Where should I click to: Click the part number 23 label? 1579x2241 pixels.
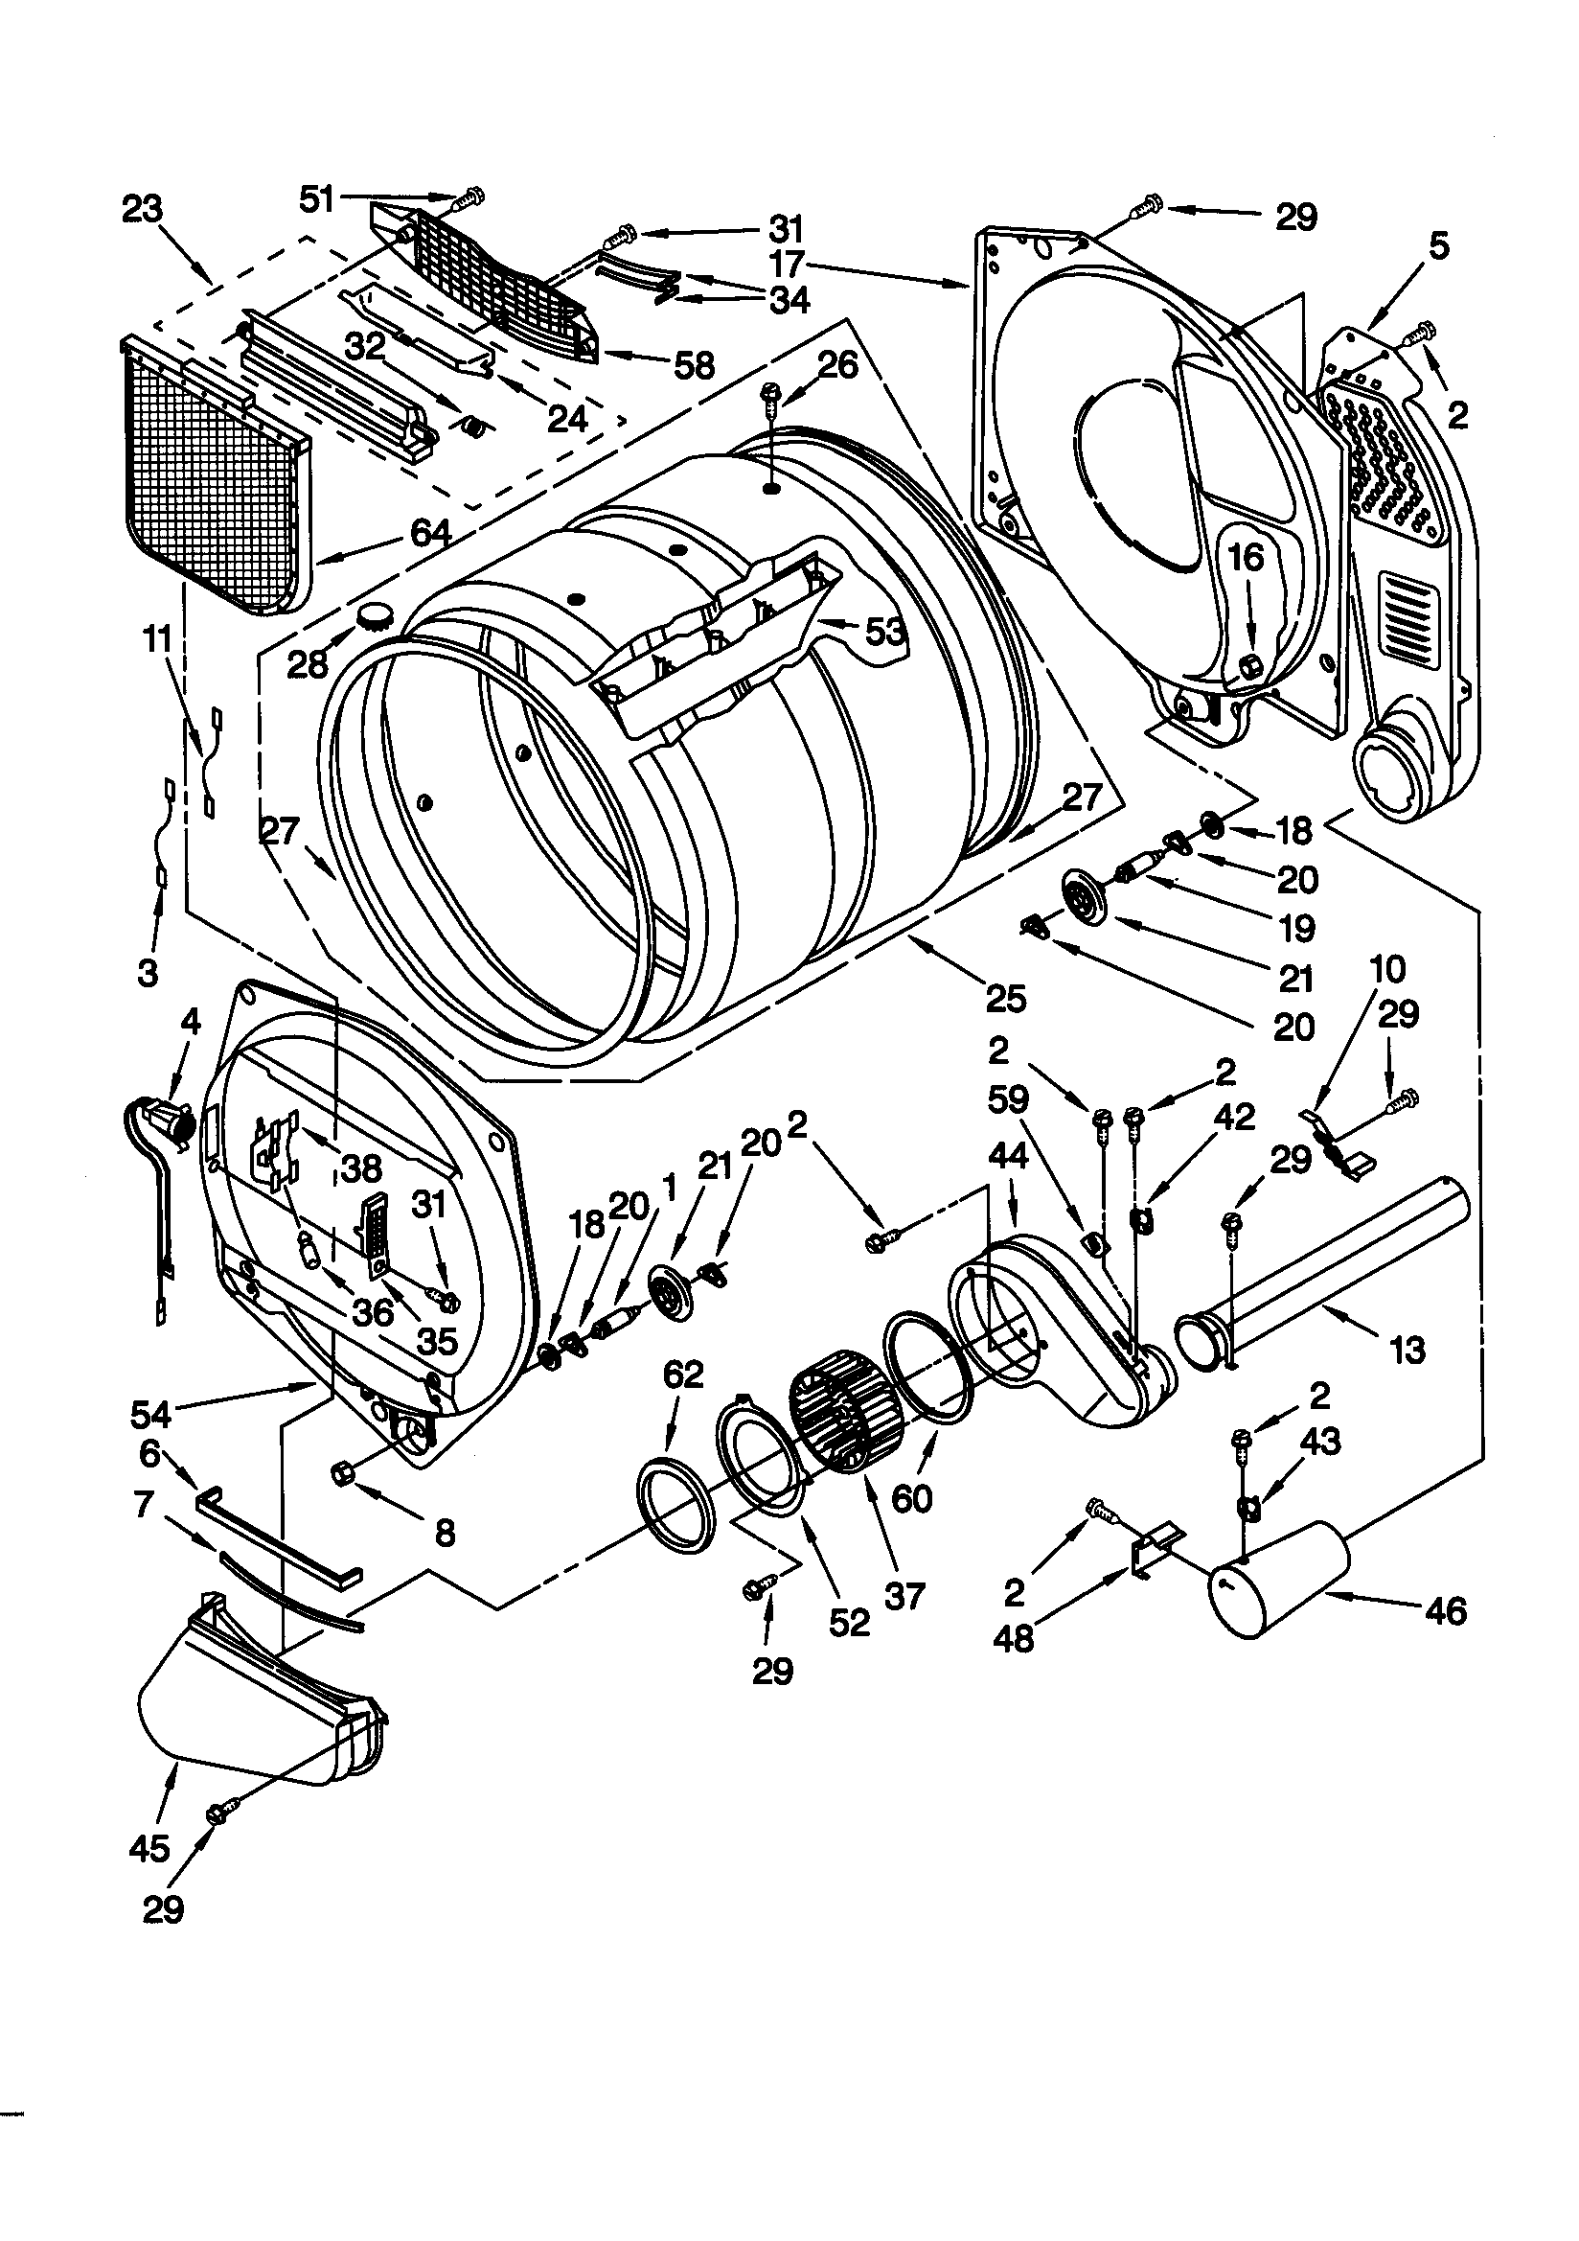click(x=143, y=209)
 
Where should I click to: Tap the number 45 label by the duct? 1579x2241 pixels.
click(x=149, y=1848)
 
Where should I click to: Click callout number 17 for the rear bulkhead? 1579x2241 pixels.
click(x=787, y=264)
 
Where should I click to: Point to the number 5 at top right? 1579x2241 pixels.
click(x=1438, y=245)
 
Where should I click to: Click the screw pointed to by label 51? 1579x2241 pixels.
click(x=469, y=197)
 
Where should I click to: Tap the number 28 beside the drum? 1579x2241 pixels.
click(x=309, y=663)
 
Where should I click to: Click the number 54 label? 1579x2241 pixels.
click(x=151, y=1412)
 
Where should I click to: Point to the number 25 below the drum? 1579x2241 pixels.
click(x=1005, y=998)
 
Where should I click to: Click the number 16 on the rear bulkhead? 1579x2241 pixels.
click(x=1246, y=558)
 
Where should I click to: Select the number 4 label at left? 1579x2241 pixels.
click(x=191, y=1022)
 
